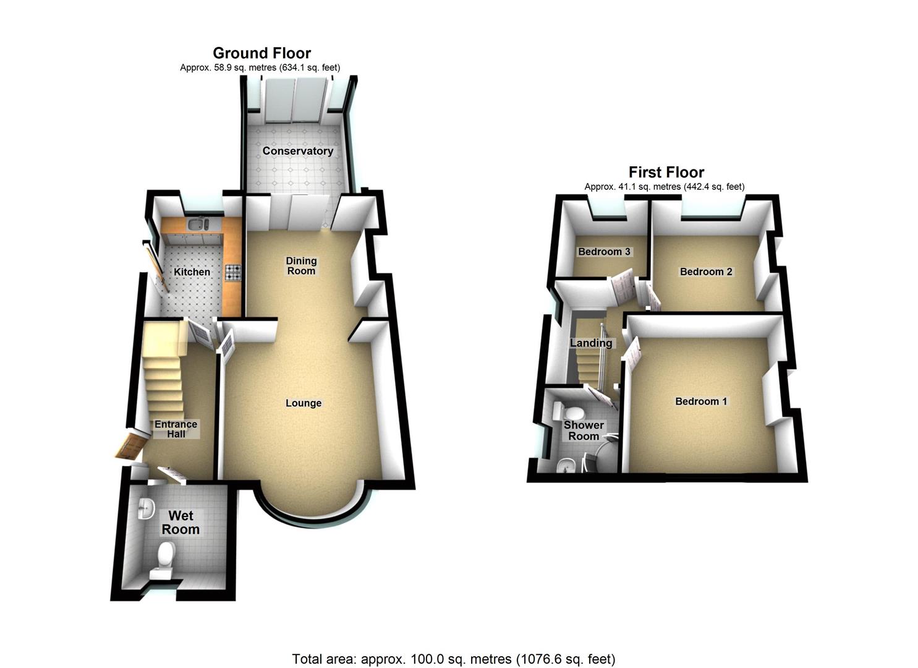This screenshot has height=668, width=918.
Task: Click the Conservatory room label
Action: coord(297,151)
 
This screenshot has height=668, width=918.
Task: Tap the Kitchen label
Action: coord(192,272)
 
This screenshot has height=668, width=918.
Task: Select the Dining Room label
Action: coord(301,266)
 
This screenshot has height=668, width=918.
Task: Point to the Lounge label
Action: coord(304,403)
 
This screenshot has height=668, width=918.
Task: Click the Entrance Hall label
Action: coord(176,429)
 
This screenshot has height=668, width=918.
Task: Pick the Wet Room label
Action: coord(181,523)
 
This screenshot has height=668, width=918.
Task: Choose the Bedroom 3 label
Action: coord(604,252)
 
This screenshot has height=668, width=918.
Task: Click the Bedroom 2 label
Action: coord(706,272)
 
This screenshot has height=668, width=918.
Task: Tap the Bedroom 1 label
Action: coord(701,401)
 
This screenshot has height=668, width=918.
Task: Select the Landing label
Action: coord(591,343)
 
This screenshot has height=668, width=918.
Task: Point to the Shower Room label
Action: coord(584,430)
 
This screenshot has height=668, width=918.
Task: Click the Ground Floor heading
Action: coord(261,53)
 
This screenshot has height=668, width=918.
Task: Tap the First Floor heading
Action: coord(666,173)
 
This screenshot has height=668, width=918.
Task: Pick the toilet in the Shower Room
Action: coord(571,412)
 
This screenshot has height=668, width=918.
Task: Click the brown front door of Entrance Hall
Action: coord(130,447)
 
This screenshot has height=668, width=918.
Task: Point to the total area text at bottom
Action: coord(453,659)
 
